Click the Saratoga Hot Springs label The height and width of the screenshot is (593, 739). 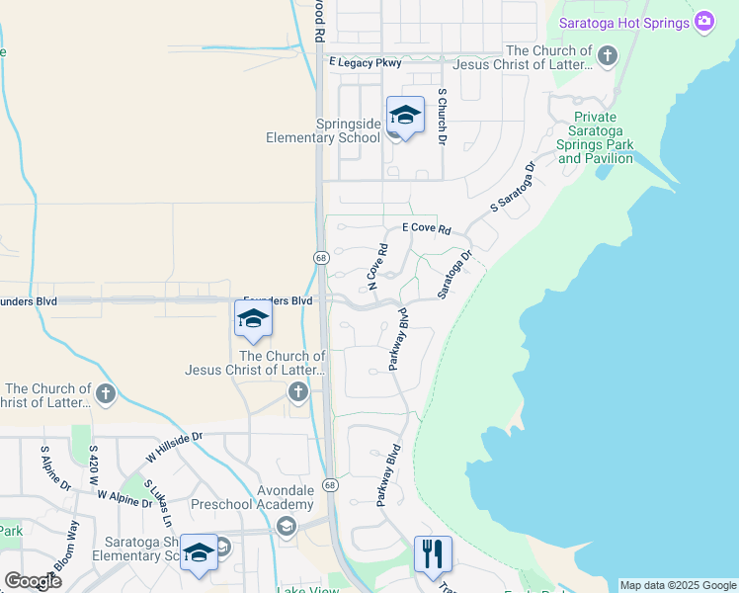[x=624, y=23]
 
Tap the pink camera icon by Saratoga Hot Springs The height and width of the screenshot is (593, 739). [x=703, y=22]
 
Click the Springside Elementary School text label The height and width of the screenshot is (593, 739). [x=322, y=130]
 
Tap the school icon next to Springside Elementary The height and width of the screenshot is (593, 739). [x=405, y=116]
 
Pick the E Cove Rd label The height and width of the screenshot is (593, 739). [x=426, y=228]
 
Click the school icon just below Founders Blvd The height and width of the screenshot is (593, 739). [x=253, y=319]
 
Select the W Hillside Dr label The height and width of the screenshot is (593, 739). [x=174, y=447]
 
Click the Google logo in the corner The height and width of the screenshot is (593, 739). [x=33, y=581]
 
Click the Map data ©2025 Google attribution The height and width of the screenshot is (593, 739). [x=677, y=585]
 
